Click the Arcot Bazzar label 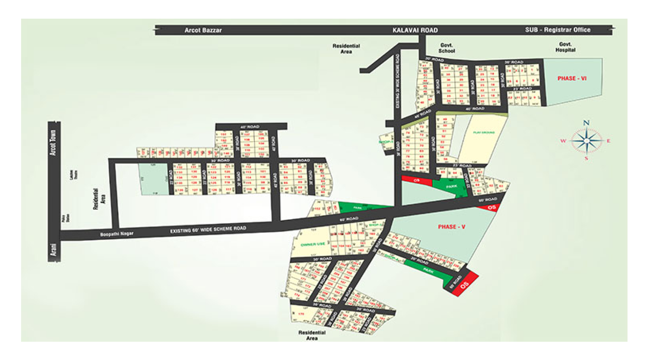pos(203,30)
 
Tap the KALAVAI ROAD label pos(415,30)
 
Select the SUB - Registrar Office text pos(558,30)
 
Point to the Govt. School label pos(447,48)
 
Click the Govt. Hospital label pos(565,47)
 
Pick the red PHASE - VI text pos(572,78)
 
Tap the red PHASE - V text pos(451,226)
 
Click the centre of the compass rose pos(586,141)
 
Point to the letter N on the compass pos(586,123)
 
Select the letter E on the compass pos(608,141)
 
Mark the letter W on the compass pos(563,141)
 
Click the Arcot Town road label pos(53,142)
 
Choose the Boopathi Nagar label pos(117,234)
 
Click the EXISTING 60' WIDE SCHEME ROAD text pos(208,230)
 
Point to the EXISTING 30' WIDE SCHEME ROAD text pos(398,81)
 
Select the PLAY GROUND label pos(484,133)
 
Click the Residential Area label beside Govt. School pos(346,49)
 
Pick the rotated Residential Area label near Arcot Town pos(99,199)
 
